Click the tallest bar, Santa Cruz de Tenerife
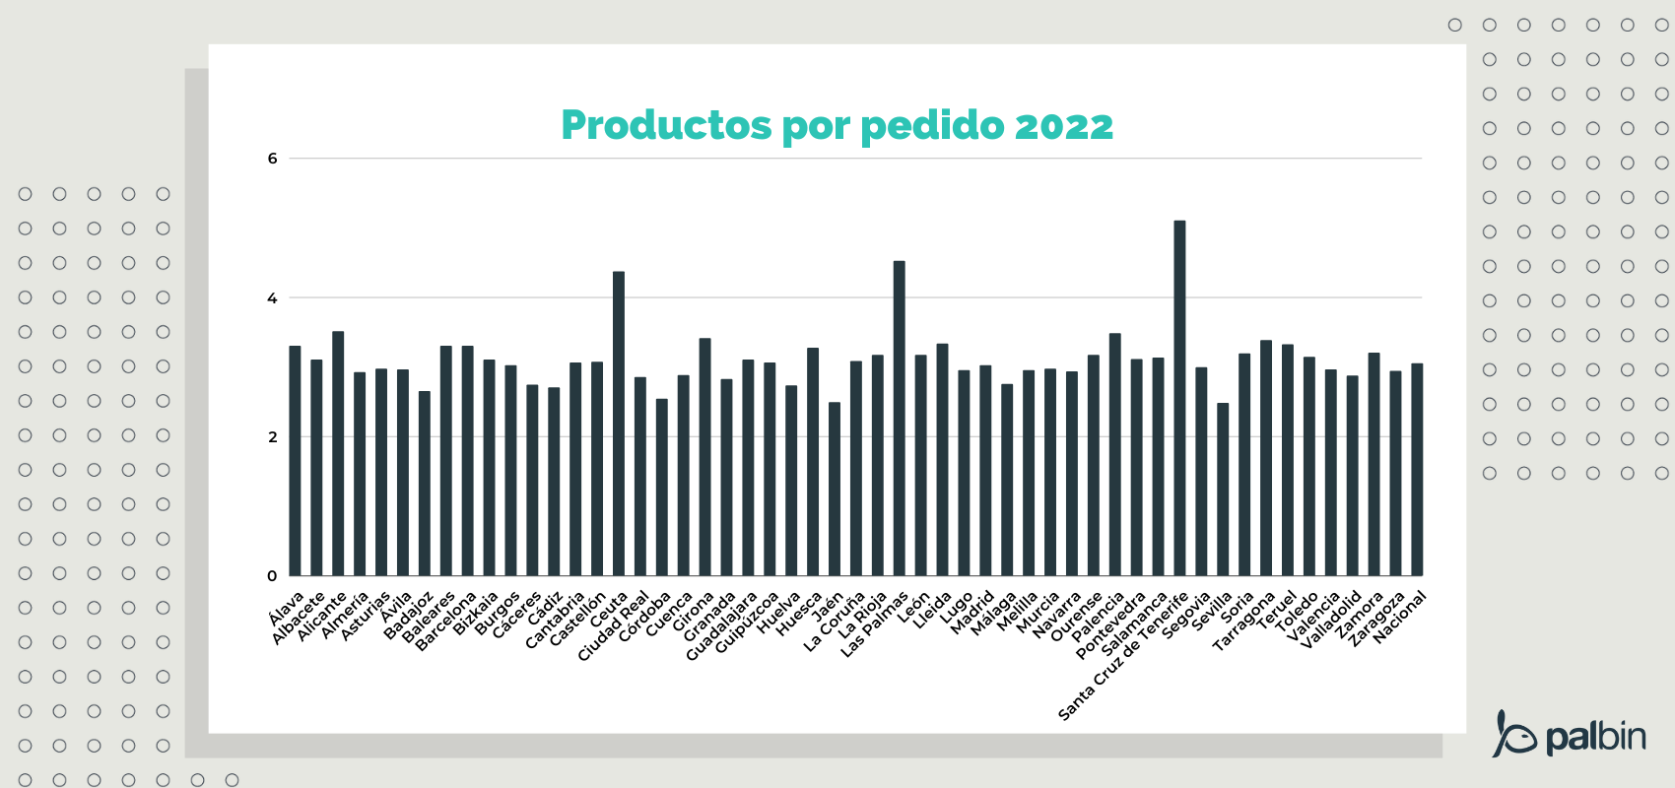(1179, 399)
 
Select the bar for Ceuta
(619, 424)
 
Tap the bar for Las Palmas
(899, 419)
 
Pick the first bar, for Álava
(295, 461)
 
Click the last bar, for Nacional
(1417, 470)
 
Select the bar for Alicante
(338, 453)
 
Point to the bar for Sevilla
(1223, 490)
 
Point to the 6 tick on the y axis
(273, 159)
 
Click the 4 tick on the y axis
(273, 297)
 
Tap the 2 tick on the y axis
(273, 437)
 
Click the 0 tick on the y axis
(273, 576)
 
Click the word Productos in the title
(666, 126)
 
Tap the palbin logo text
(1595, 737)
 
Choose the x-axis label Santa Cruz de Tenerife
(1123, 656)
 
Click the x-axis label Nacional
(1399, 618)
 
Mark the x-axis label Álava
(287, 609)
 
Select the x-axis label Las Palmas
(875, 624)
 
